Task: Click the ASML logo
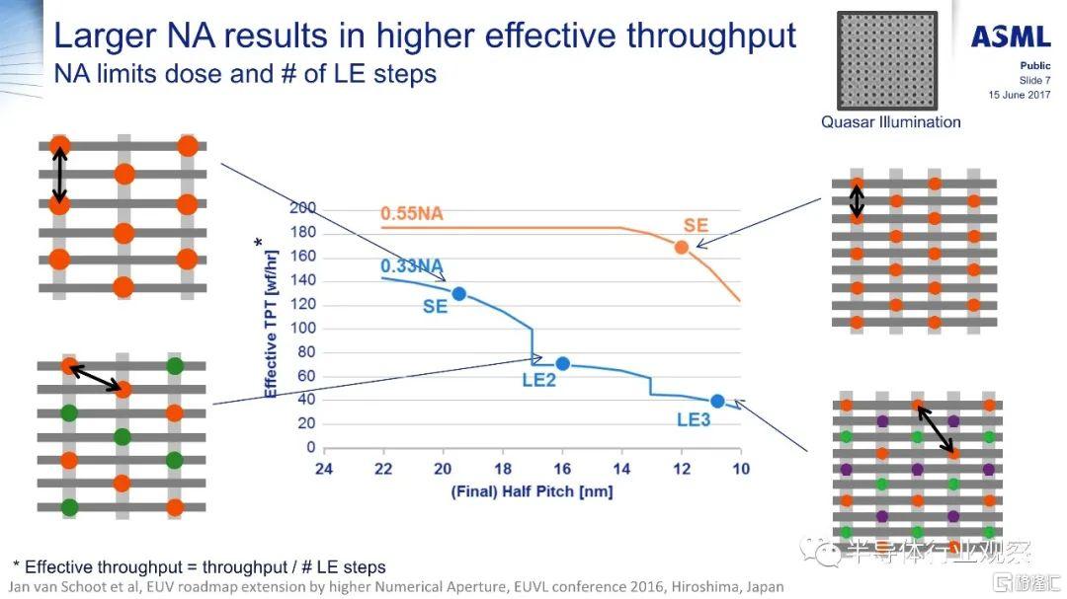(1010, 37)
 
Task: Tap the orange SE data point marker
(682, 247)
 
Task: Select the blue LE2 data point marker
(563, 363)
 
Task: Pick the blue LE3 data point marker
(717, 401)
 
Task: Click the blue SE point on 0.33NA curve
(458, 293)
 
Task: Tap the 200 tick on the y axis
(302, 207)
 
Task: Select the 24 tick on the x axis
(324, 469)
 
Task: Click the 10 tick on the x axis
(740, 469)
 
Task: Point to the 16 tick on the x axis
(562, 469)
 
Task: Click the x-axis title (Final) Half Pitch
(532, 490)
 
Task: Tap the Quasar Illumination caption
(890, 122)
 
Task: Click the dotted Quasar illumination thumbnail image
(886, 60)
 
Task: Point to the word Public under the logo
(1035, 66)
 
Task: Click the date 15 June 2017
(1020, 95)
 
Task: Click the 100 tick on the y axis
(302, 328)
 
